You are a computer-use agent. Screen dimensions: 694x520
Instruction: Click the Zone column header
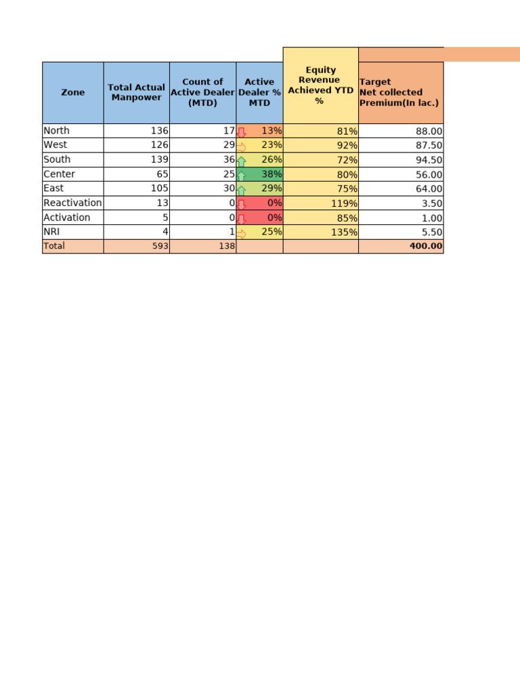point(73,92)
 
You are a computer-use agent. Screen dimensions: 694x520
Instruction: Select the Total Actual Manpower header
point(136,92)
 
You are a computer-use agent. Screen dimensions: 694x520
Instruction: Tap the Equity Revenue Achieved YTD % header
point(320,85)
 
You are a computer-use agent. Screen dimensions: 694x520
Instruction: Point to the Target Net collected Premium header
point(400,92)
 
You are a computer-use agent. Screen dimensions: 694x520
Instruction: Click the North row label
point(57,131)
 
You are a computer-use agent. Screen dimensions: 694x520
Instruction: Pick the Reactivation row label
point(72,203)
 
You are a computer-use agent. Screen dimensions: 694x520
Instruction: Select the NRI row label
point(52,232)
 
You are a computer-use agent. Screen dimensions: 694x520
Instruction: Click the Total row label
point(54,246)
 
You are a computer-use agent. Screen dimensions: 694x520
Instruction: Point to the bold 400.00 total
point(426,247)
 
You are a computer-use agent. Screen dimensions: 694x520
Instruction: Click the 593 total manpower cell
point(159,247)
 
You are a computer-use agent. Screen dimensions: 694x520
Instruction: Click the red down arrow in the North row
point(241,131)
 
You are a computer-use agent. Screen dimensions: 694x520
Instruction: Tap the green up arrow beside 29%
point(241,190)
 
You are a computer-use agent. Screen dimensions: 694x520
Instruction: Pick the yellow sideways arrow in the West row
point(241,146)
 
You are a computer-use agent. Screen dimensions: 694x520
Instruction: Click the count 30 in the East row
point(229,188)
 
